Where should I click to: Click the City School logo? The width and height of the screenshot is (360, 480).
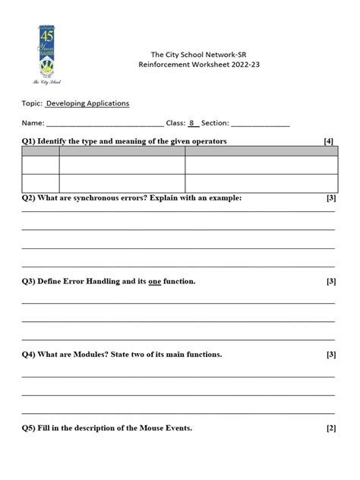pyautogui.click(x=46, y=55)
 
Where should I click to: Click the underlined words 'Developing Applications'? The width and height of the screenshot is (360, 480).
pyautogui.click(x=87, y=103)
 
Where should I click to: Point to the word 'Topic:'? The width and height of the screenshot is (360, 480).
pyautogui.click(x=32, y=103)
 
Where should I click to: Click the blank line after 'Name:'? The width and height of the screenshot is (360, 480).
pyautogui.click(x=105, y=123)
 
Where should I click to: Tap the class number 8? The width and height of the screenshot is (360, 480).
pyautogui.click(x=192, y=122)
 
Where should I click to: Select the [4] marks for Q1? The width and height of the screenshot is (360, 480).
pyautogui.click(x=328, y=141)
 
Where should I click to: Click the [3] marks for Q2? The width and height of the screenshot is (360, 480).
pyautogui.click(x=331, y=197)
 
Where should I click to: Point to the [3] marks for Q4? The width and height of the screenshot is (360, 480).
pyautogui.click(x=331, y=354)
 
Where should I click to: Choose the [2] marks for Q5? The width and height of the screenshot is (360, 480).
pyautogui.click(x=331, y=428)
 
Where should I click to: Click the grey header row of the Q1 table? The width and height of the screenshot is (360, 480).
pyautogui.click(x=180, y=151)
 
